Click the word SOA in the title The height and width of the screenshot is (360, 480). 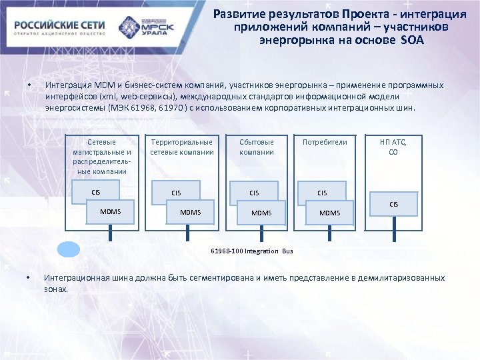[412, 41]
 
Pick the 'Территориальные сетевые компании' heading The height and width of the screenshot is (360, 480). [181, 147]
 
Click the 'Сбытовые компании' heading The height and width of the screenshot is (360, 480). [257, 147]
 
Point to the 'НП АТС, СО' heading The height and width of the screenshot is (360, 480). [393, 147]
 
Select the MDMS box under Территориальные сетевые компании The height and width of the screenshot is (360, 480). [191, 212]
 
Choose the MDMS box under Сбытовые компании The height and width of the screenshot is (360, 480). [261, 213]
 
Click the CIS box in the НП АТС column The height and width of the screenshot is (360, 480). [394, 204]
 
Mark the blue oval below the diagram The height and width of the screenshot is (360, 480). [68, 249]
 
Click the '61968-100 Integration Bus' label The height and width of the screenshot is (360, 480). [252, 251]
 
